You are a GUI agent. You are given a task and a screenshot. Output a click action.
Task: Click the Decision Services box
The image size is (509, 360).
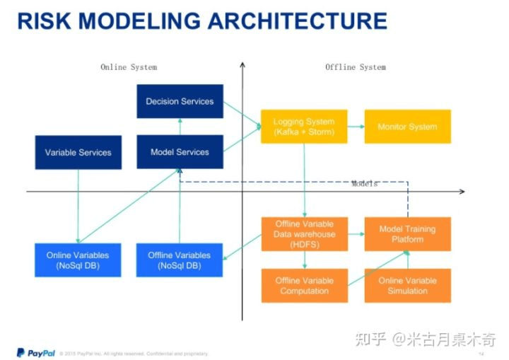[180, 101]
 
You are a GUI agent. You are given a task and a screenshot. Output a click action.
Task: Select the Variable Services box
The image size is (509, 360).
[78, 152]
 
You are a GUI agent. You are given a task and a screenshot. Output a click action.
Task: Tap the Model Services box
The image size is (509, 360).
[180, 152]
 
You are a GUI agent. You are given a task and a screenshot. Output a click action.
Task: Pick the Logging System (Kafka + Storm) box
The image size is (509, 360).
[304, 127]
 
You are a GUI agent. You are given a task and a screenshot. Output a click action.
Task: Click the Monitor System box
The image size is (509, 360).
[407, 127]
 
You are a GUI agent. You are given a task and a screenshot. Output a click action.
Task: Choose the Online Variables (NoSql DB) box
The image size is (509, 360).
[78, 260]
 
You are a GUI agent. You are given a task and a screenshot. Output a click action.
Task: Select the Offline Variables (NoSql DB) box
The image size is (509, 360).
[180, 260]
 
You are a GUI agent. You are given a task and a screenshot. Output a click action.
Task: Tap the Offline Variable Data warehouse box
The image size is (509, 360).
[304, 234]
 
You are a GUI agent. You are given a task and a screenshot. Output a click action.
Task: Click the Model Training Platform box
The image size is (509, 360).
[407, 234]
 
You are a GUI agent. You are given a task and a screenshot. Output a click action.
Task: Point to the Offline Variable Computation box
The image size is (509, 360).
[304, 286]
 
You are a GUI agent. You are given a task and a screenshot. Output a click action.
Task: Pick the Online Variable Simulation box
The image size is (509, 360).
[407, 286]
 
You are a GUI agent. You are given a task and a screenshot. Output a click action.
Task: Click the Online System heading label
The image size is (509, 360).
[129, 67]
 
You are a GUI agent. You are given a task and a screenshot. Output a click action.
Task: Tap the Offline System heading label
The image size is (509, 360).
[356, 67]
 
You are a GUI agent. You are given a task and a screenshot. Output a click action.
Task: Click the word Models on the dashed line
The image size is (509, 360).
[365, 184]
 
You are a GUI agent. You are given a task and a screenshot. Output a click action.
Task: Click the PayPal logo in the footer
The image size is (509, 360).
[36, 352]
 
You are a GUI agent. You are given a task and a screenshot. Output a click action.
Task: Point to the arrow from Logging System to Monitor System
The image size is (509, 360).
[356, 127]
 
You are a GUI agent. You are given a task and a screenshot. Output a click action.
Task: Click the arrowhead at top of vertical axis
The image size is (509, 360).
[242, 66]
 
